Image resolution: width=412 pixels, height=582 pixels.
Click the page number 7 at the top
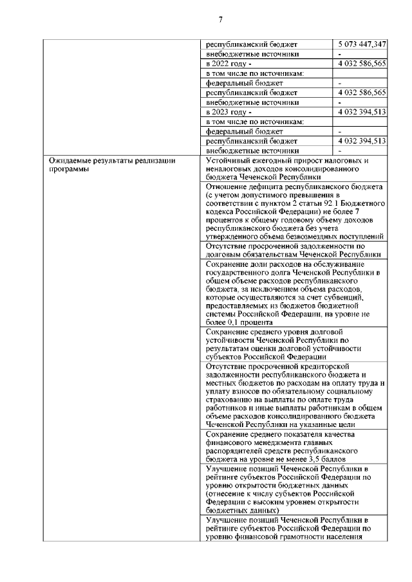[x=220, y=20]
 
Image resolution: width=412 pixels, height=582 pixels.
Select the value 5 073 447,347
[x=362, y=44]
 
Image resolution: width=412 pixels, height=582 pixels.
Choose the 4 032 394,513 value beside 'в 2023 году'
[x=362, y=111]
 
